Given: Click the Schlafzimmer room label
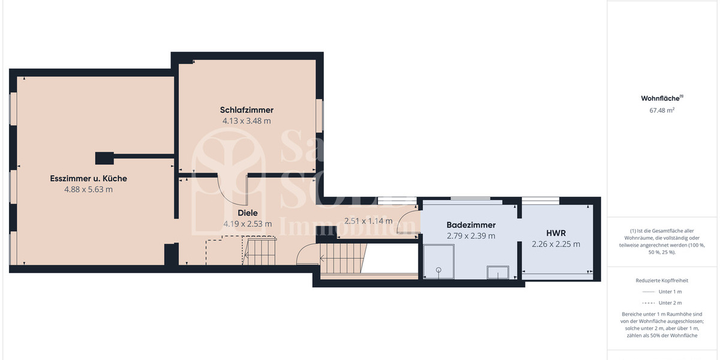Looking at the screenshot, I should (247, 110).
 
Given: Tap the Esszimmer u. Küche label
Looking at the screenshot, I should (88, 178).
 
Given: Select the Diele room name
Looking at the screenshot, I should (247, 212).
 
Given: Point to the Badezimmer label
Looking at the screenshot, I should (471, 225).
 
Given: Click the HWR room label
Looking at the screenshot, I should (556, 233).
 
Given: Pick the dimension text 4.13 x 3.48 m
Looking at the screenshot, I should (247, 121).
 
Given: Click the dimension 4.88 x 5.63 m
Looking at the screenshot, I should (88, 189).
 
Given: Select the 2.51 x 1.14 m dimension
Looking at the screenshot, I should (368, 221).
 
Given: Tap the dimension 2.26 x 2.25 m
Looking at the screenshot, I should (556, 244).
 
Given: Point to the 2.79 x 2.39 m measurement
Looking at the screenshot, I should (471, 236).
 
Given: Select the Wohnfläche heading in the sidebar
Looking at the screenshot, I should (661, 98).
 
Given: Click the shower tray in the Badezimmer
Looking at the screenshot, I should (439, 262).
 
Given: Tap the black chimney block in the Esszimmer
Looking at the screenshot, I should (105, 158).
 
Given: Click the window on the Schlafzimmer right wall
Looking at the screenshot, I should (320, 115).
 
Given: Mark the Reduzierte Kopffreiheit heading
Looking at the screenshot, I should (662, 280).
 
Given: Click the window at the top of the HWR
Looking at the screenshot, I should (541, 199).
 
